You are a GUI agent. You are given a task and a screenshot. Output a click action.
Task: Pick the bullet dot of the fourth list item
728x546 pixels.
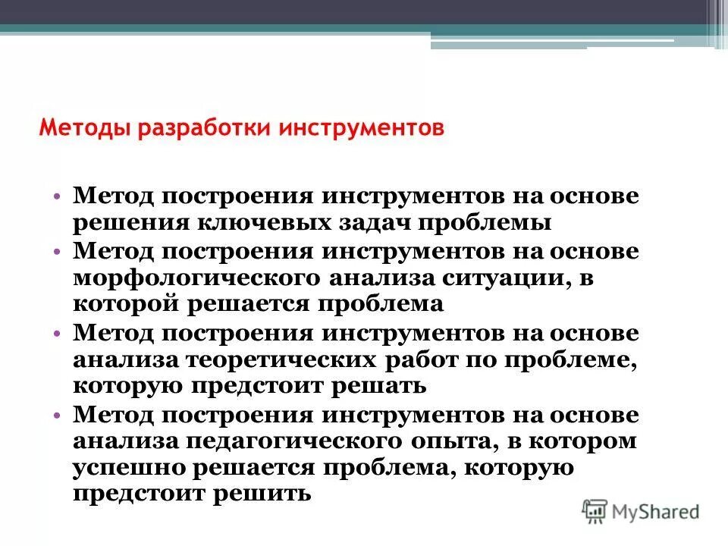(x=58, y=415)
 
